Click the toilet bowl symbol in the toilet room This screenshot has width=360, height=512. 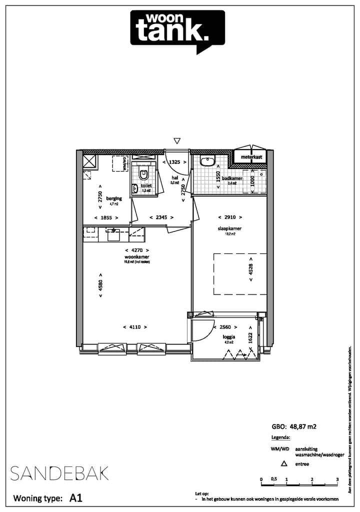tap(144, 174)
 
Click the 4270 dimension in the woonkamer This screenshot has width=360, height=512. tap(136, 250)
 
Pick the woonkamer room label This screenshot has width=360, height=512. tap(135, 256)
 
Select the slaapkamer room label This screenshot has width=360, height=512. tap(230, 228)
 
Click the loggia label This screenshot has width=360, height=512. tap(229, 337)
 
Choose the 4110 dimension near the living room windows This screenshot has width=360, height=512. tap(134, 327)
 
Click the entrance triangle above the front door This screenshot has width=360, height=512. tap(176, 141)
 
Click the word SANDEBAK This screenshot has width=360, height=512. tap(59, 473)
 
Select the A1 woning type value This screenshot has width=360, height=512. tap(76, 498)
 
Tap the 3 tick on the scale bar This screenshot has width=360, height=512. tap(337, 479)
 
